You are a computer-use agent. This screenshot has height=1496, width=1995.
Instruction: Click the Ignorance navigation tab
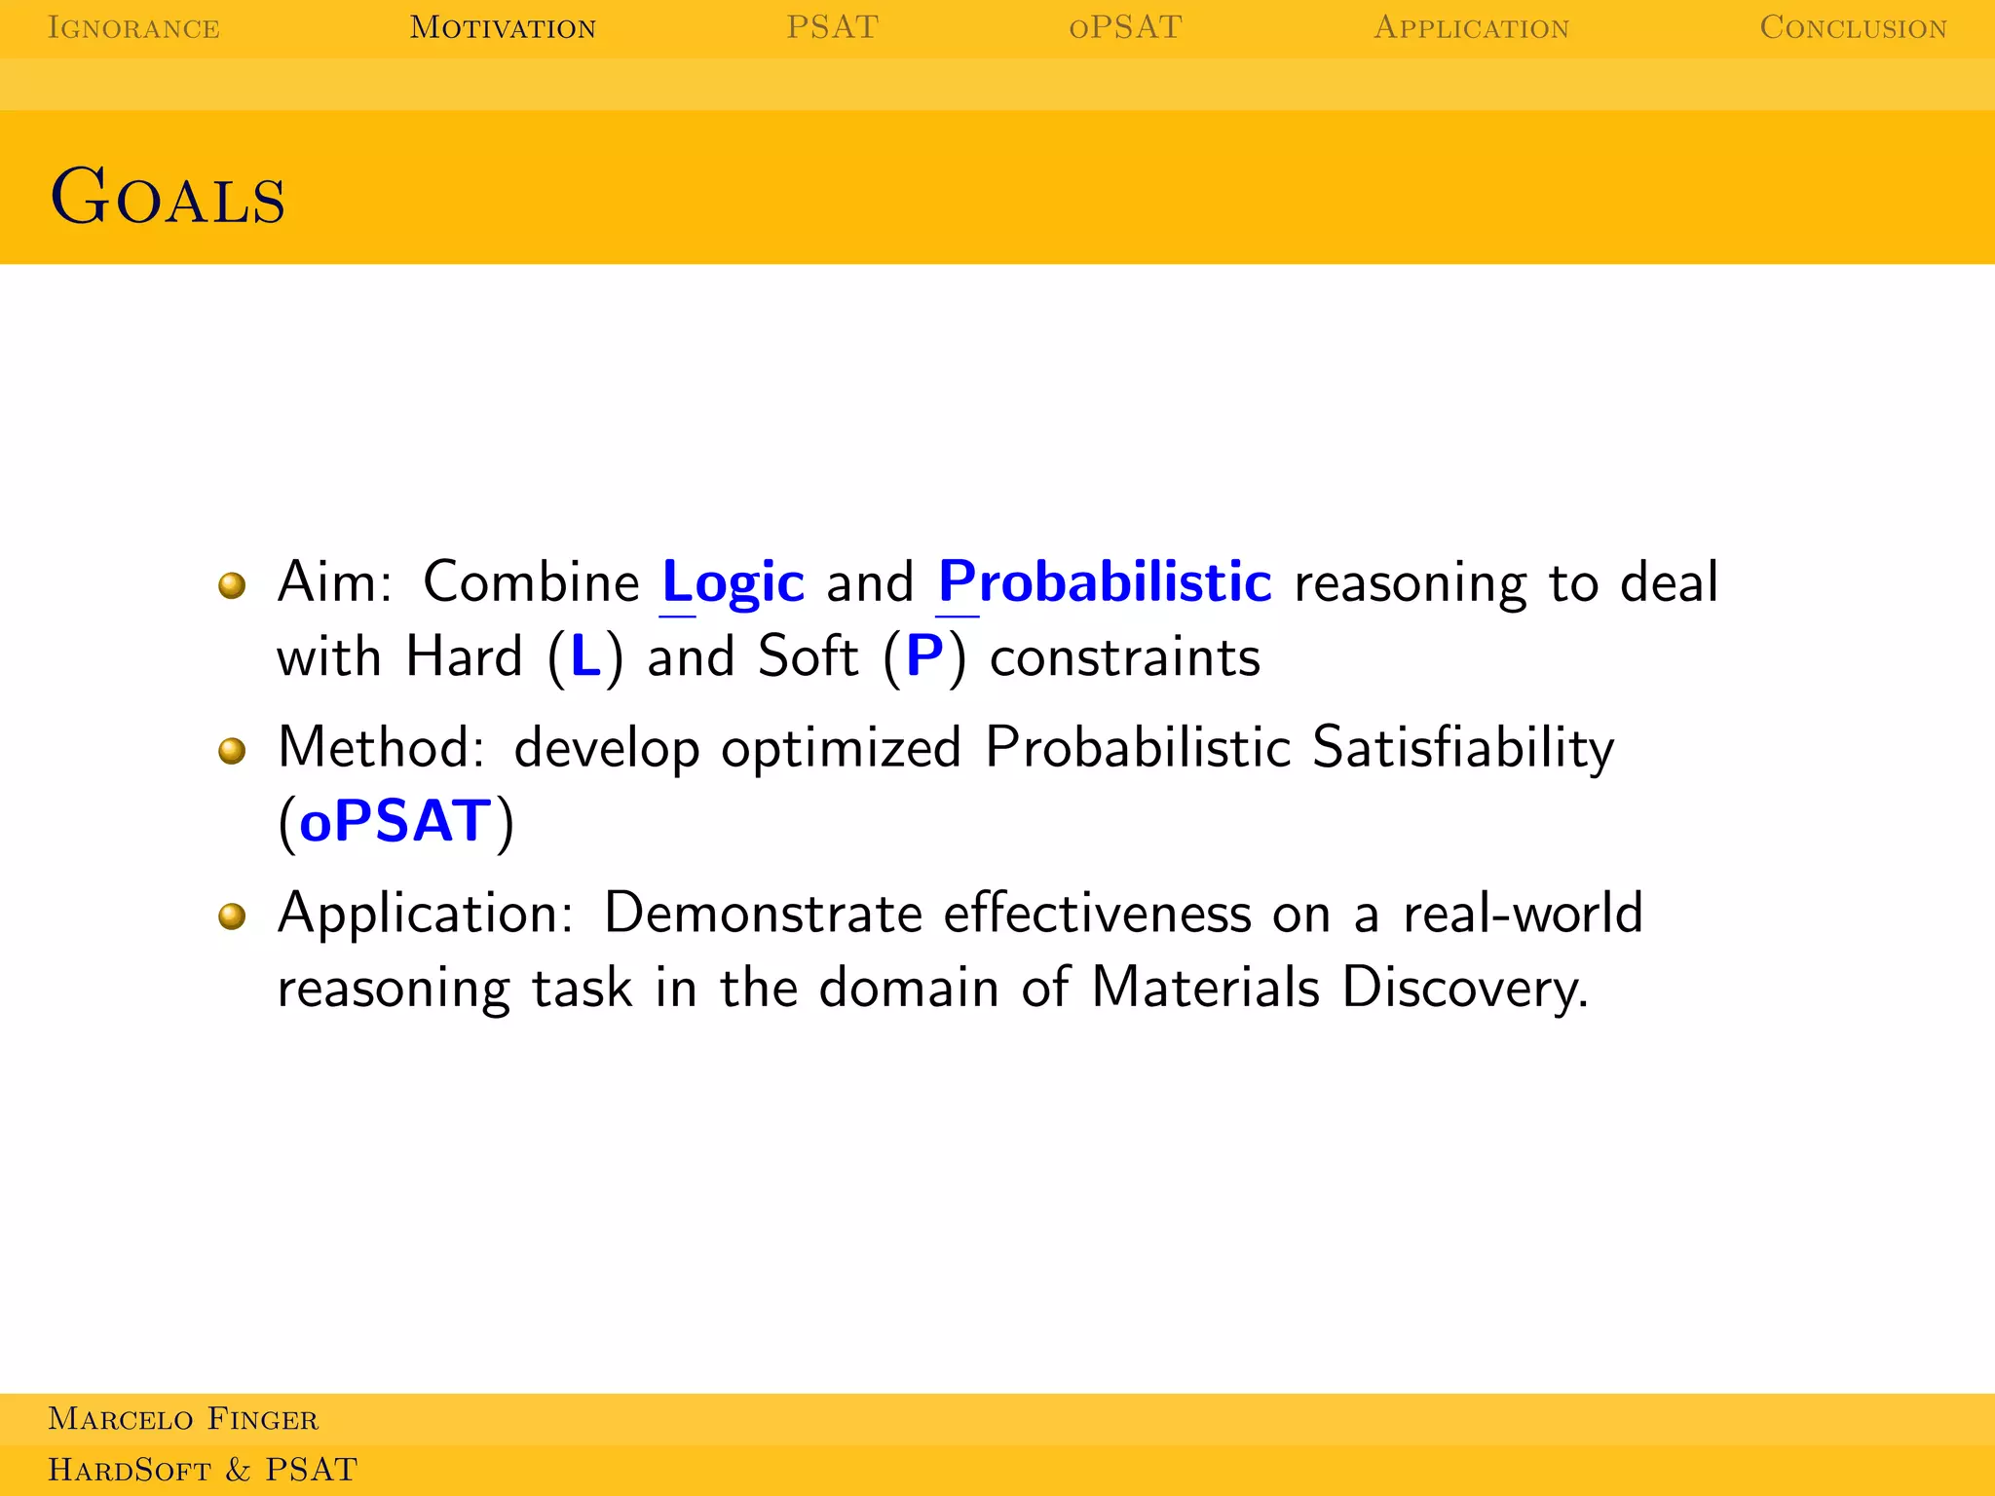point(133,28)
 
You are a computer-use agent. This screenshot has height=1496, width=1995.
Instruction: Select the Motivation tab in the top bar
point(503,28)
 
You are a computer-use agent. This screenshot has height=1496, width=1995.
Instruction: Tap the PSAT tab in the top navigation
point(832,28)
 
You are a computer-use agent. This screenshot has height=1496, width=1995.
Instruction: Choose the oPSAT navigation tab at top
point(1125,28)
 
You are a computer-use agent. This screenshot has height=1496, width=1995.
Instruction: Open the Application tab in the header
point(1471,28)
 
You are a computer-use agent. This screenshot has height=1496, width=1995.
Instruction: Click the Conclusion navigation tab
point(1853,28)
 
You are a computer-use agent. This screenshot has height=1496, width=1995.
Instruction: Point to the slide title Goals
point(168,197)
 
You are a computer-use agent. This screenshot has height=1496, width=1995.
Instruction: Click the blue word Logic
point(733,582)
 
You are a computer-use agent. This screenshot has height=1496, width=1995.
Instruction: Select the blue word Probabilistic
point(1105,582)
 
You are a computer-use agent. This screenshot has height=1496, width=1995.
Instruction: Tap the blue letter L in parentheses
point(585,656)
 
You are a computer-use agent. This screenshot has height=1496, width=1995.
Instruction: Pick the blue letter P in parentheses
point(924,656)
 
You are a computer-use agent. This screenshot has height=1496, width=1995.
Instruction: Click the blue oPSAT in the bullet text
point(395,821)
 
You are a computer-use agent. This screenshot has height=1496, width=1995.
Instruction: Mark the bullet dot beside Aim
point(232,585)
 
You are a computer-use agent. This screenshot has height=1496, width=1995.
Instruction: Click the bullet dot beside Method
point(232,751)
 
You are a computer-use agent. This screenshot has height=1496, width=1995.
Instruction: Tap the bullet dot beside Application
point(232,916)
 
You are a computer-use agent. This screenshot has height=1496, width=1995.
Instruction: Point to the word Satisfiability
point(1462,749)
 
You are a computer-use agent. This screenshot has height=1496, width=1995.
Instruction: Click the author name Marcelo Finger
point(183,1419)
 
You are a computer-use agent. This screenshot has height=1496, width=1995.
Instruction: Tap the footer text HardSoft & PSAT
point(203,1470)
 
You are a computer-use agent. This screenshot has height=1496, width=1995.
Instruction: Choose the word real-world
point(1523,914)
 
